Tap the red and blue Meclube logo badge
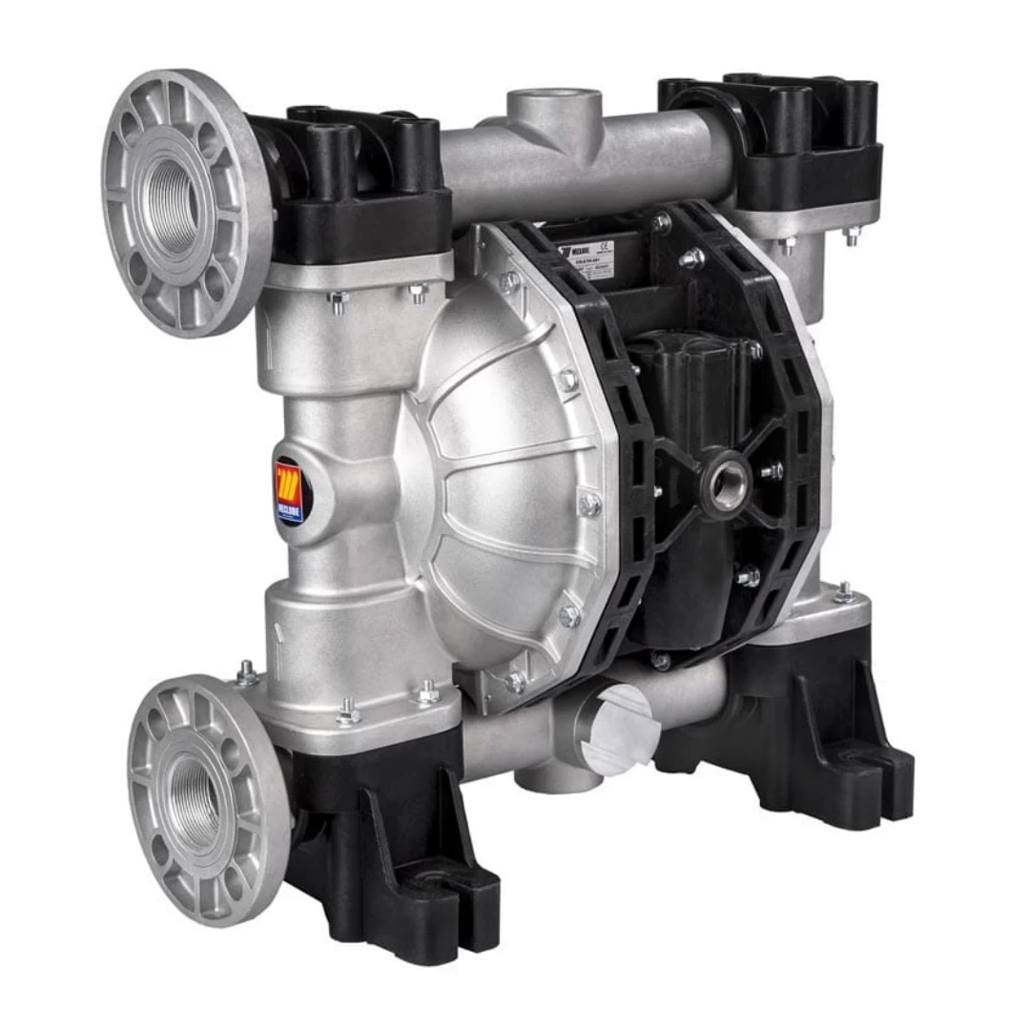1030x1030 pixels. click(x=289, y=492)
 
